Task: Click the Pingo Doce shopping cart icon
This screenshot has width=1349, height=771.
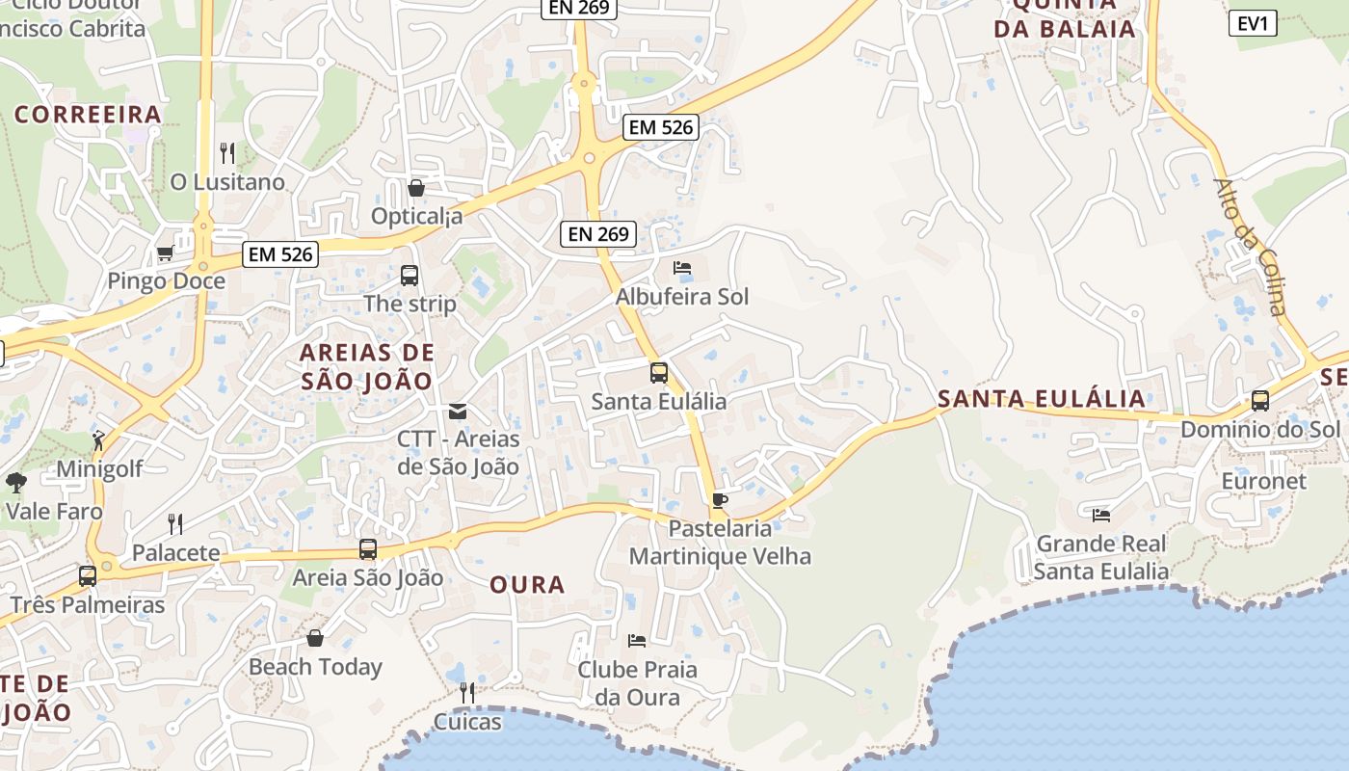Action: coord(165,253)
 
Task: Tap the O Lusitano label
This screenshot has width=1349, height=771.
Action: coord(227,182)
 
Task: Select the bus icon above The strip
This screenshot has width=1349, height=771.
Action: coord(410,276)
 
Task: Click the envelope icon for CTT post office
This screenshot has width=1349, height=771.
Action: coord(458,412)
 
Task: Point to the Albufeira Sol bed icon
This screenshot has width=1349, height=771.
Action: coord(682,268)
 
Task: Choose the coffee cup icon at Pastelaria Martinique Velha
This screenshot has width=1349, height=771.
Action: coord(719,500)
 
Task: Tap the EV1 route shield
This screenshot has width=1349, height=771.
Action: coord(1253,23)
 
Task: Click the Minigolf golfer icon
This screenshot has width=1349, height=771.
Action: coord(98,441)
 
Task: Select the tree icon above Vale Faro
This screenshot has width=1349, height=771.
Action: coord(15,482)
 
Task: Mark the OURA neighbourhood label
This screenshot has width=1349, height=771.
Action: coord(527,585)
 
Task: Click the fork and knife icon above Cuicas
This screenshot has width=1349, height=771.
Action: coord(467,693)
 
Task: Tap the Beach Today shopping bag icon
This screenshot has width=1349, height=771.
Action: coord(315,638)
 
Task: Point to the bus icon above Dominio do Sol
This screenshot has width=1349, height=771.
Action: coord(1259,401)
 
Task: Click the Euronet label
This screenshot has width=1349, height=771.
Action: coord(1263,481)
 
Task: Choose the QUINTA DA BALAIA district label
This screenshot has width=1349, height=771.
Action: coord(1065,17)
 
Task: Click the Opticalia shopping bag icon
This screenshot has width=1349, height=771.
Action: coord(416,188)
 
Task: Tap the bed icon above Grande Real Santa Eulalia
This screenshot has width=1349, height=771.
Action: coord(1101,516)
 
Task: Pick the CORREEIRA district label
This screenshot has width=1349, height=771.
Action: coord(88,115)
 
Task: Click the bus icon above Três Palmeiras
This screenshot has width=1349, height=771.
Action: coord(88,576)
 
